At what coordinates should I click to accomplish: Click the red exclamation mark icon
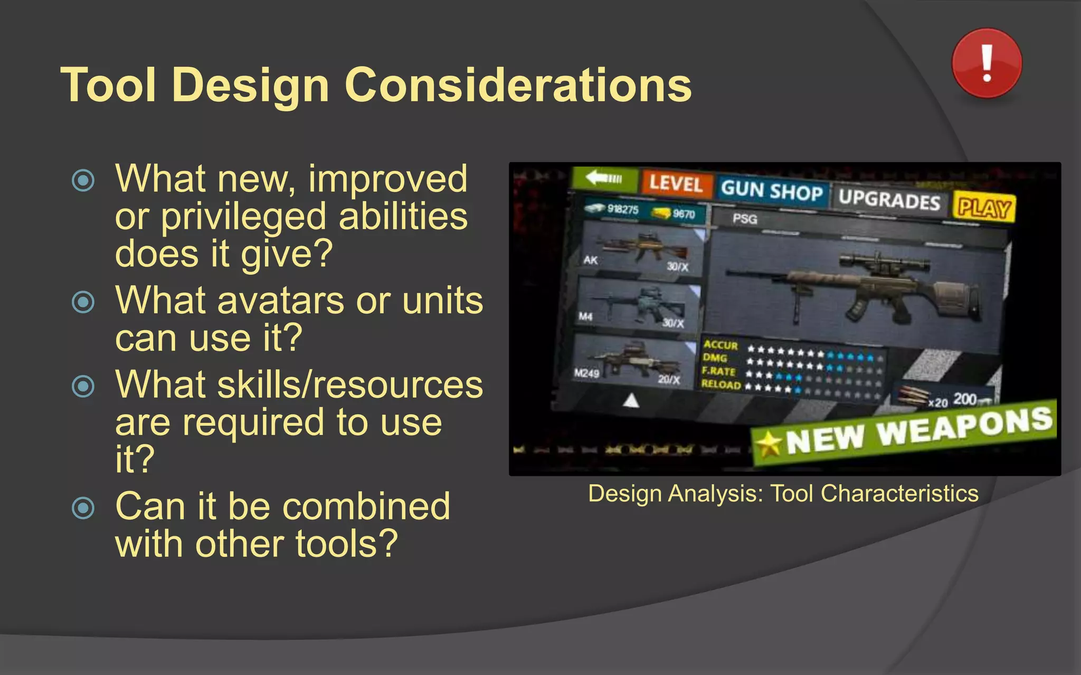[987, 63]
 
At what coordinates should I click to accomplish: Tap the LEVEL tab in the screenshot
[676, 184]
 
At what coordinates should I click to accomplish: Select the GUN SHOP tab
[772, 190]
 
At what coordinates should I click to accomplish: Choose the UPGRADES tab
[889, 199]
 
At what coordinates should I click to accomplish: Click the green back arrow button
[605, 178]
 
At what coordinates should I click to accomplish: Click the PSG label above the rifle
[745, 218]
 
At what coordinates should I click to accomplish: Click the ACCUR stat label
[720, 344]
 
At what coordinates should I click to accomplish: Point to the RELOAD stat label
[721, 384]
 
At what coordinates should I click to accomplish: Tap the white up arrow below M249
[631, 401]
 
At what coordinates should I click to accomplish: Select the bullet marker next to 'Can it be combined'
[83, 508]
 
